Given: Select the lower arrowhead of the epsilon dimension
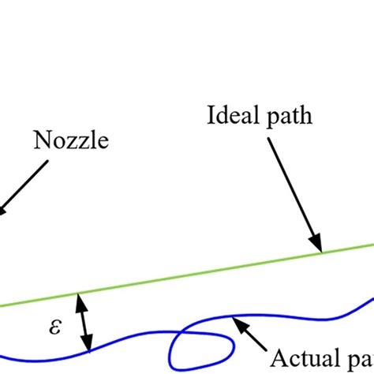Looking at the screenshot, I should coord(89,346).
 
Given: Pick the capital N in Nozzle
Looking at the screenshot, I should coord(40,142).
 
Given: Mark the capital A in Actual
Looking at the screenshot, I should coord(279,357).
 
